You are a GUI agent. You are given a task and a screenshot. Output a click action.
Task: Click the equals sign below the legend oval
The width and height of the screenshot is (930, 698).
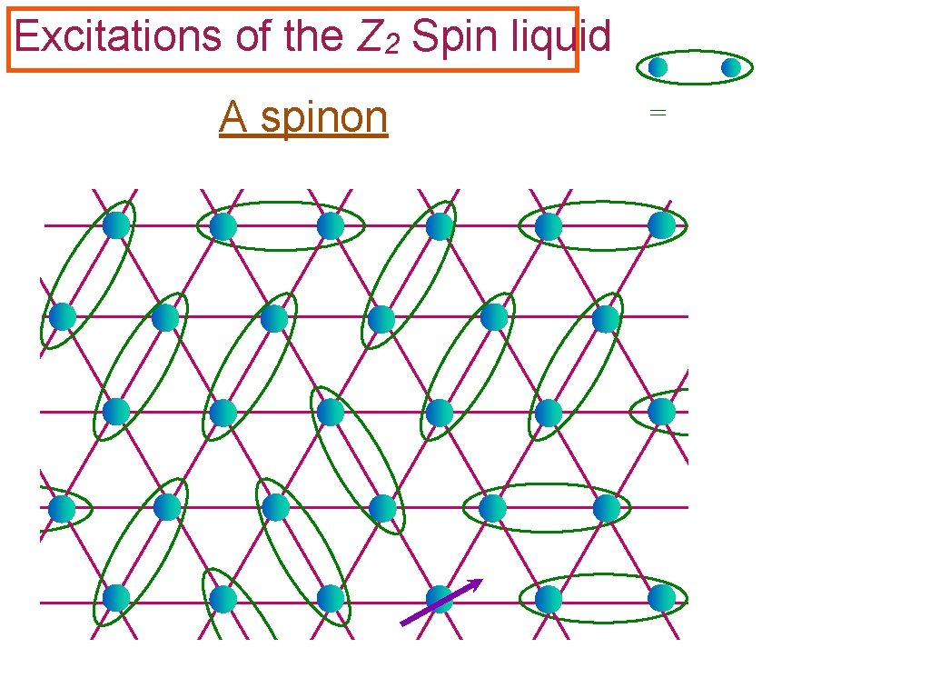point(658,113)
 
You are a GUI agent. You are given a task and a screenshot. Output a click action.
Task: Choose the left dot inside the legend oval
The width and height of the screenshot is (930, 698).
point(658,67)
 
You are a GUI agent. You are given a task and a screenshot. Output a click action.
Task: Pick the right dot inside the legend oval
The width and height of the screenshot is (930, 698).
point(731,67)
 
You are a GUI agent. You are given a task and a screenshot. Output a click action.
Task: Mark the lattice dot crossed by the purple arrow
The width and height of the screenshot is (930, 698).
point(440,599)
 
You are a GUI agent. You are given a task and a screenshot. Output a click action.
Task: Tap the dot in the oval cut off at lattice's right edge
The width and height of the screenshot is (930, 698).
point(662,412)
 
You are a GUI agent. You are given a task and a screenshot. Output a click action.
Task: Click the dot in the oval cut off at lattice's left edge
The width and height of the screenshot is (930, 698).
point(62,508)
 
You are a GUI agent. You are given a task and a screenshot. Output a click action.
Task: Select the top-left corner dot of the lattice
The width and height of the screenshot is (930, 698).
point(115,224)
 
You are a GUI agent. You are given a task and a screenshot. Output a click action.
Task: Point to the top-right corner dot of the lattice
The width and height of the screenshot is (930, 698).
point(662,224)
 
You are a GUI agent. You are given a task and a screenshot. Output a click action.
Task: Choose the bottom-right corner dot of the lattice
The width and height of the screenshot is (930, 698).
point(662,598)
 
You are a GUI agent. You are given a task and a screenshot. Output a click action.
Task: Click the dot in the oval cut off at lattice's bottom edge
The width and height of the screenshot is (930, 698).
point(223,598)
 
